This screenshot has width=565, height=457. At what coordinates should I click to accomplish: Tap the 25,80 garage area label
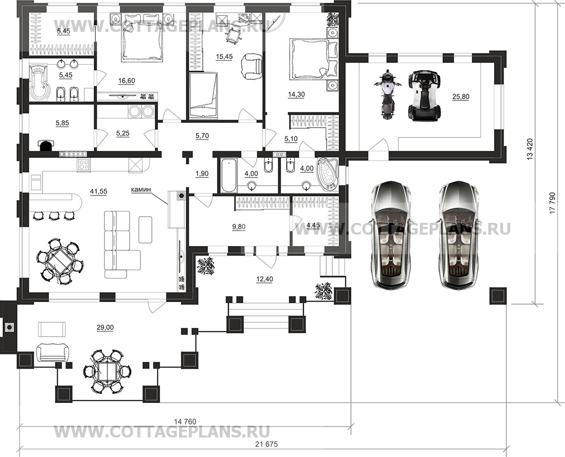point(461,97)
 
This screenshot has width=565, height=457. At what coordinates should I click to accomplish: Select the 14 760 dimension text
point(185,421)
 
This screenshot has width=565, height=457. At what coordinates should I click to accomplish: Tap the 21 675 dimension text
point(266,444)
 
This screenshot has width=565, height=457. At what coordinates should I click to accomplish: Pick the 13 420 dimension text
point(529,150)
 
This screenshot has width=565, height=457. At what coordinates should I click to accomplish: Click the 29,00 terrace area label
point(105,327)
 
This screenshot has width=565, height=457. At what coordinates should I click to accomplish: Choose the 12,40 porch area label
point(264,278)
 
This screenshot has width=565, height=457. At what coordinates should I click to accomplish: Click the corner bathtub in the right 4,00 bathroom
point(327,174)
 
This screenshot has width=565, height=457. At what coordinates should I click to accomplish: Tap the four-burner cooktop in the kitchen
point(84,165)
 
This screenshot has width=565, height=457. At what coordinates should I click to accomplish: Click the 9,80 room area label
point(239,226)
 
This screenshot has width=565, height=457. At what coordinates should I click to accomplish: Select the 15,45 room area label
point(224,57)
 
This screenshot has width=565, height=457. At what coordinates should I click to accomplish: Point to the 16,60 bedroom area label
point(127,81)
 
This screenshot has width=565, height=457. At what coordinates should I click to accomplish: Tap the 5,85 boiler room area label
point(62,124)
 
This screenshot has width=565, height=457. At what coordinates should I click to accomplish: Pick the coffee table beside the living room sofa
point(145,230)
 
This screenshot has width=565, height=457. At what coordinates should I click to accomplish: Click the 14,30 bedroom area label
point(296,94)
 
